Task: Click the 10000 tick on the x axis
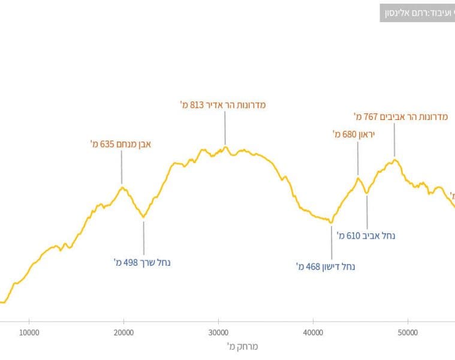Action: (x=29, y=332)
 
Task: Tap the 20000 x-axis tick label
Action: (x=123, y=332)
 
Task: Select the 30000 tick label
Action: (x=218, y=332)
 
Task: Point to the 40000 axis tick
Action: (x=313, y=332)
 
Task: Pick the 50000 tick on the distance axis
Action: (x=408, y=332)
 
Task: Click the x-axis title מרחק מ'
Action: (x=242, y=347)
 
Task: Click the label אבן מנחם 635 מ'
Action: (x=120, y=144)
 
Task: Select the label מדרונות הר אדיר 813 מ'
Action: (x=223, y=104)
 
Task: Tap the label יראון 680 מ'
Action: (x=354, y=134)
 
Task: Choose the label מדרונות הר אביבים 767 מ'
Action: (x=401, y=116)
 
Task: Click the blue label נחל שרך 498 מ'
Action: (x=143, y=262)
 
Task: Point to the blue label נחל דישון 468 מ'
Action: (x=326, y=266)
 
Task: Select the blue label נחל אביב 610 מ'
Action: (x=366, y=236)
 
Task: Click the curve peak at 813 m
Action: (x=225, y=147)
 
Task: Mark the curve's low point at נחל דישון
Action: (x=331, y=222)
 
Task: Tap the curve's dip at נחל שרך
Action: (x=143, y=217)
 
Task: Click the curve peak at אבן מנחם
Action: (x=122, y=187)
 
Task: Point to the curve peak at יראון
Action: (x=358, y=177)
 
